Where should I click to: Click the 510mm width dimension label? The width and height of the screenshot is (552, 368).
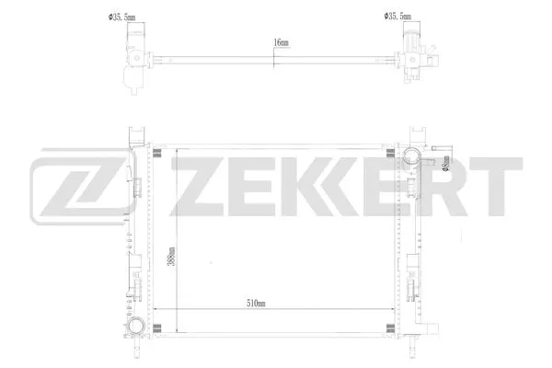pos(257,304)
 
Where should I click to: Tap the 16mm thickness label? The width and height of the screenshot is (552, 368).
pos(281,42)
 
